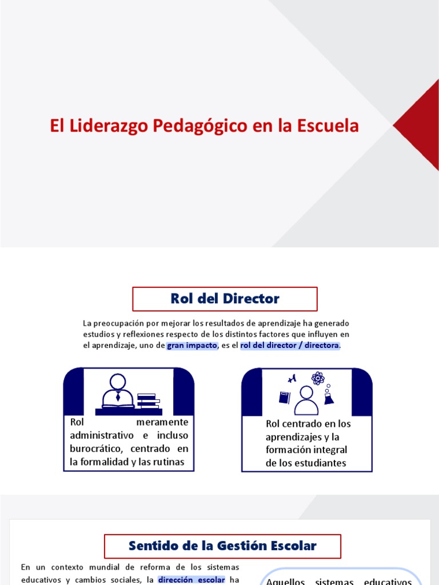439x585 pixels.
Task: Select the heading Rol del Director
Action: pyautogui.click(x=225, y=298)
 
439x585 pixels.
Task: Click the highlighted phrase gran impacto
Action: pyautogui.click(x=192, y=346)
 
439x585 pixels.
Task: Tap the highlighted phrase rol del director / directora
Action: pyautogui.click(x=290, y=346)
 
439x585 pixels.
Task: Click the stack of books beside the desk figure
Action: pyautogui.click(x=147, y=400)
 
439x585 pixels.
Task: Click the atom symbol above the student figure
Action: pyautogui.click(x=318, y=378)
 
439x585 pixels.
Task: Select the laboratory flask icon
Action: pyautogui.click(x=329, y=396)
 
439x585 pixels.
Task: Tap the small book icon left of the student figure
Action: pyautogui.click(x=285, y=397)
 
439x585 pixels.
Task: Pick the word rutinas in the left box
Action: pyautogui.click(x=169, y=462)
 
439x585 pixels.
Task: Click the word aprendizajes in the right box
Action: pyautogui.click(x=292, y=437)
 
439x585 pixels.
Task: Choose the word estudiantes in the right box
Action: pyautogui.click(x=318, y=463)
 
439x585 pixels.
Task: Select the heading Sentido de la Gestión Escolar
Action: pyautogui.click(x=222, y=546)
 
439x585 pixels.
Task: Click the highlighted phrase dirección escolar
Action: pyautogui.click(x=191, y=580)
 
